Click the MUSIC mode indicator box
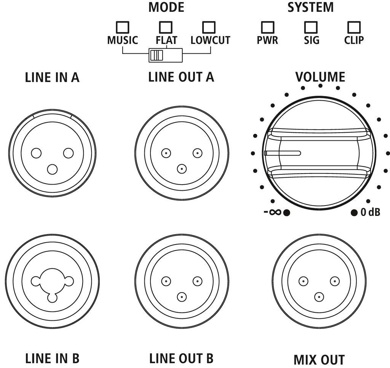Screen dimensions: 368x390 tap(122, 27)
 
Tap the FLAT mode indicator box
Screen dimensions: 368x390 tap(166, 27)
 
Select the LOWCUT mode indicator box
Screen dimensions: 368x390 tap(209, 27)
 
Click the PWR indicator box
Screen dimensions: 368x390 tap(267, 27)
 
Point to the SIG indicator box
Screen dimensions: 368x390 tap(311, 27)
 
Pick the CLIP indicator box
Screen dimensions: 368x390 tap(354, 27)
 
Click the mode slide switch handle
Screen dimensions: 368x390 tap(157, 55)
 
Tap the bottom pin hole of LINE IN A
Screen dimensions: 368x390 tap(52, 169)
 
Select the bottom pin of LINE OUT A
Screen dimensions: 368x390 tap(182, 168)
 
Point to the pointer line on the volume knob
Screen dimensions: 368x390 tap(283, 153)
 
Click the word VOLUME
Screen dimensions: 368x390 tap(320, 77)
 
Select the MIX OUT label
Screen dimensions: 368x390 tap(319, 360)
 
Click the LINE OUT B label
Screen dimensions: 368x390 tap(181, 359)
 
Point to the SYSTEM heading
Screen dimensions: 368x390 tap(310, 7)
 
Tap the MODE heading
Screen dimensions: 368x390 tap(166, 7)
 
